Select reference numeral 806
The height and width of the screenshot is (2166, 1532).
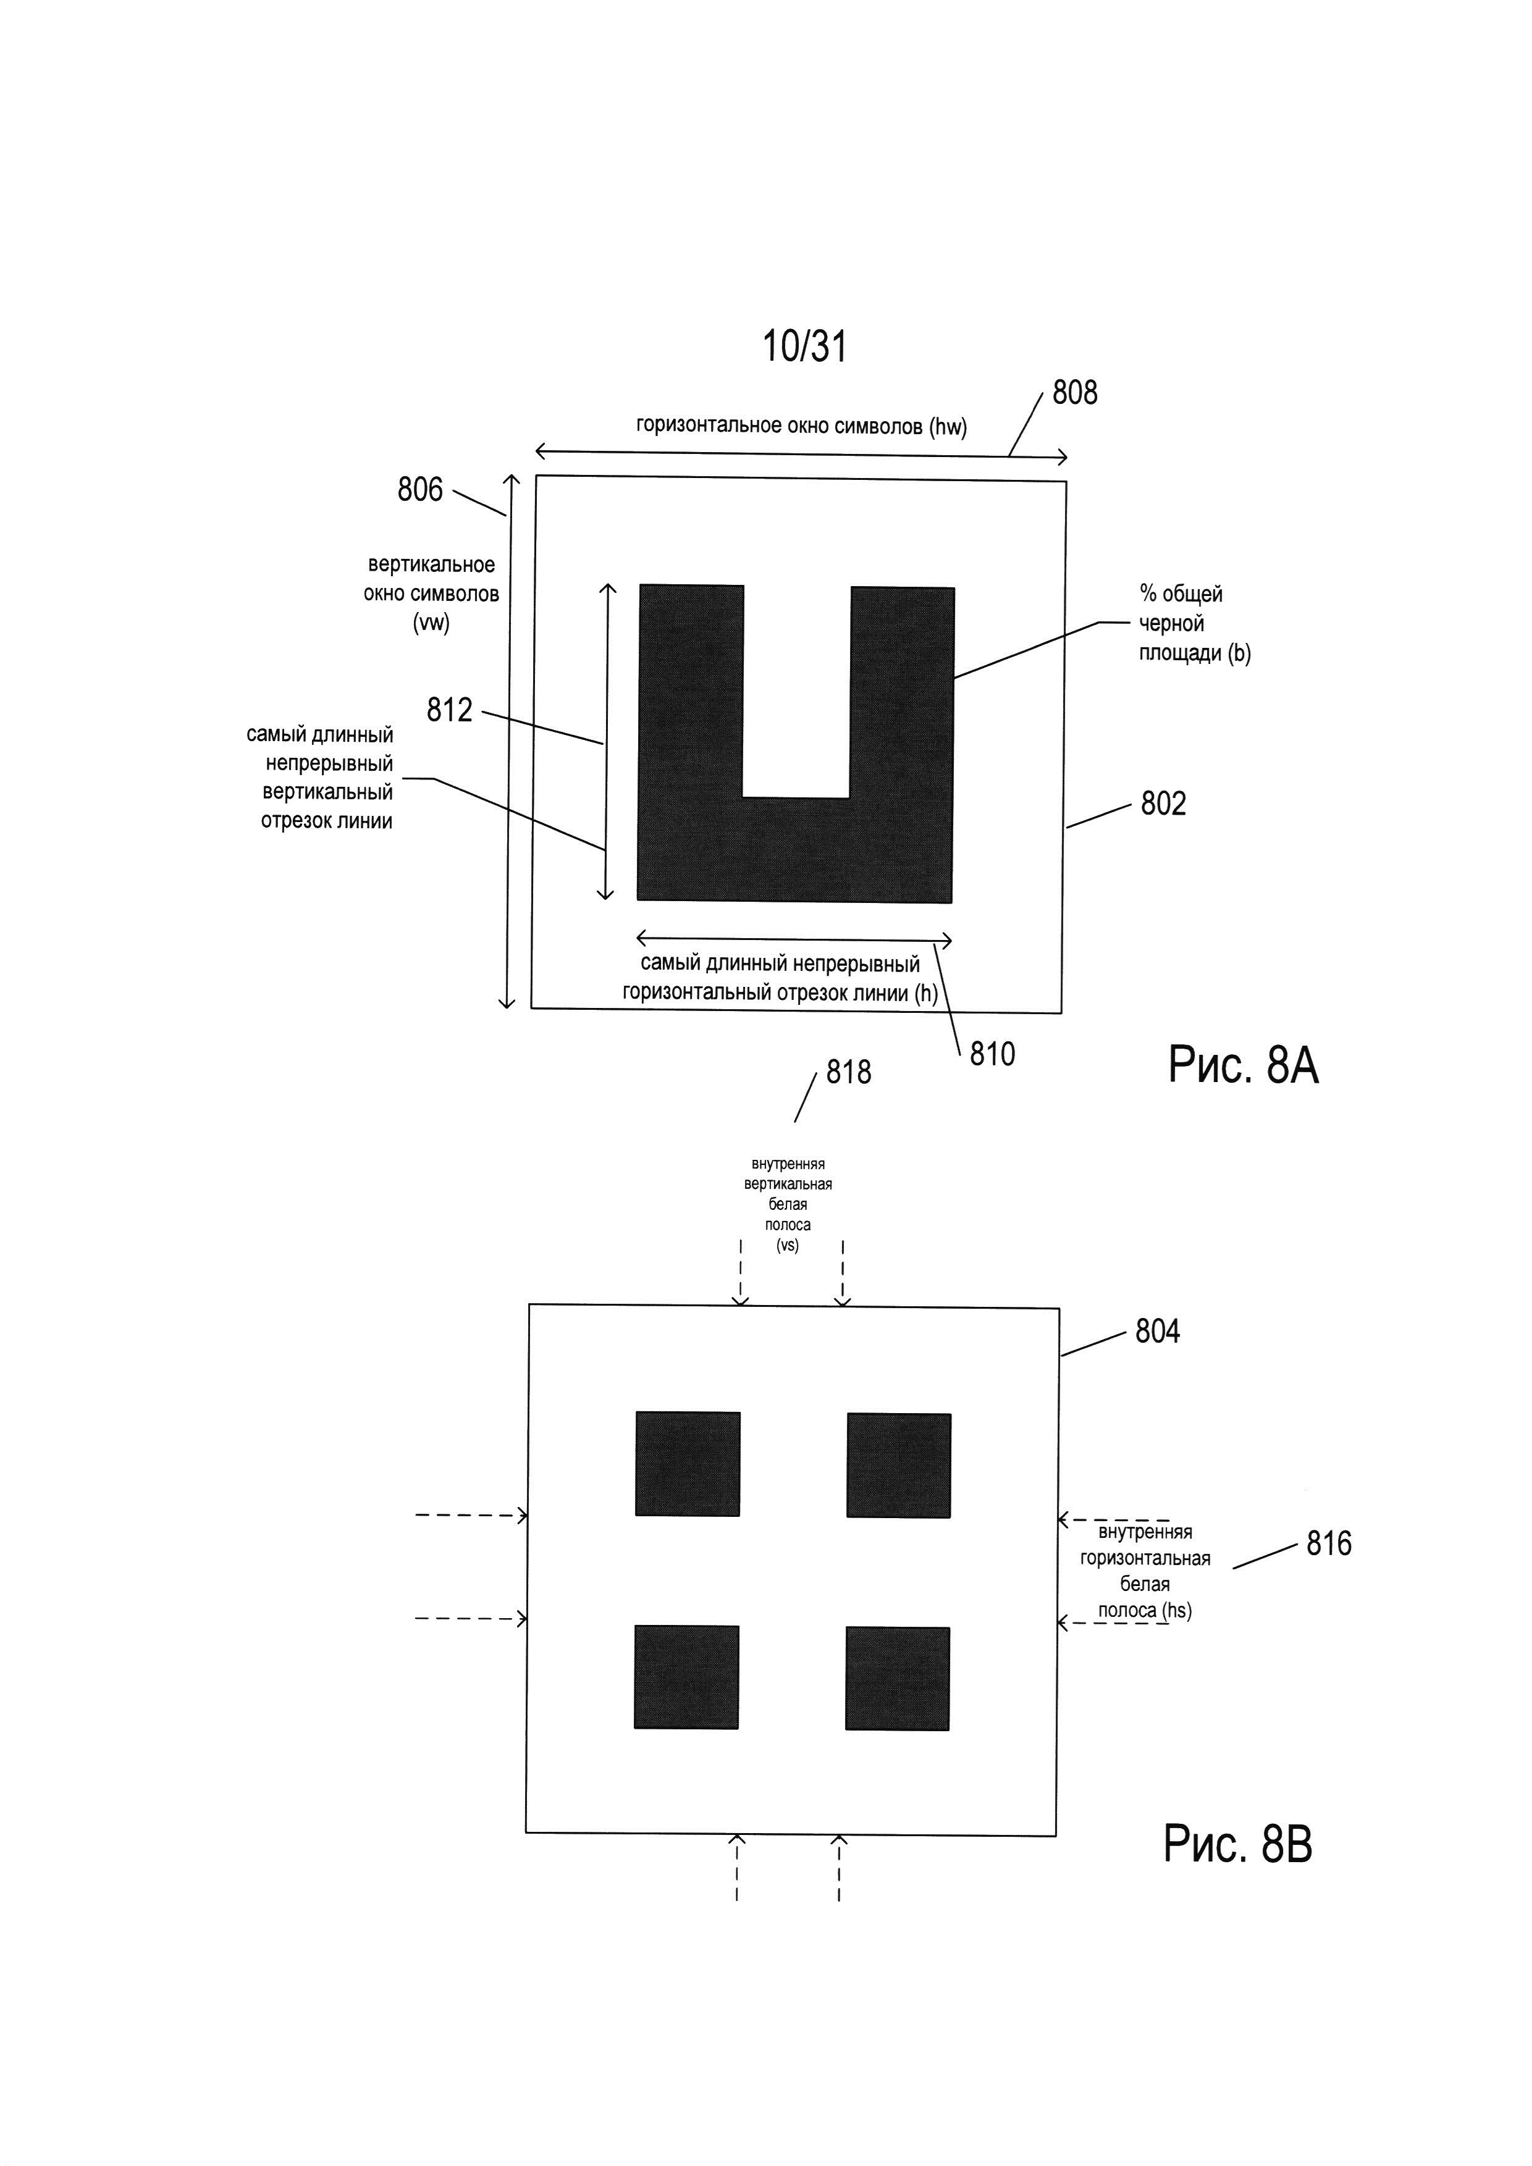click(420, 490)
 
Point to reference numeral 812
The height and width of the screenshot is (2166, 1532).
click(449, 710)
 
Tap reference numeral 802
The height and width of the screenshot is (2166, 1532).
click(1163, 804)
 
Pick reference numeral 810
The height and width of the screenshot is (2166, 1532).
click(993, 1054)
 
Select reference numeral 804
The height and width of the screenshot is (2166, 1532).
click(1158, 1331)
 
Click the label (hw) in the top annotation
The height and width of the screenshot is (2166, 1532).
click(948, 427)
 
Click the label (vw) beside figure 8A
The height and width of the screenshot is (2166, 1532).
click(431, 623)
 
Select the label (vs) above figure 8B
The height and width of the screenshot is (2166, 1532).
click(787, 1245)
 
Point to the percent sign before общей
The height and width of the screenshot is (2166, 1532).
click(1148, 594)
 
